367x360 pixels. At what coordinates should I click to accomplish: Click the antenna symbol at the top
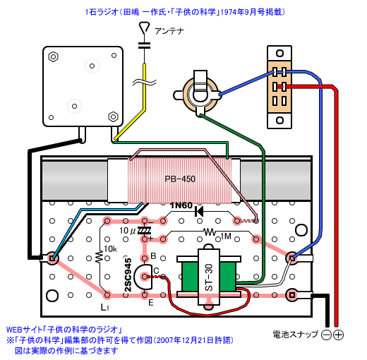(144, 28)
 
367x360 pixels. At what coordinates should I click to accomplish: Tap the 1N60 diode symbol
(199, 212)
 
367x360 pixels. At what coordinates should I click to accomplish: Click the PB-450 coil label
(180, 179)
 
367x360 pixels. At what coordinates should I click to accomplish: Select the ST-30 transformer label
(209, 277)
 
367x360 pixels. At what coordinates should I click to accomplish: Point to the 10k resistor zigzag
(100, 257)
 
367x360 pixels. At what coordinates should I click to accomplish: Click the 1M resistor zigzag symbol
(210, 232)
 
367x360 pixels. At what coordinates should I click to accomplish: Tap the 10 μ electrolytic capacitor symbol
(144, 230)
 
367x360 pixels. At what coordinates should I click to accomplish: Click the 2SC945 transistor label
(128, 275)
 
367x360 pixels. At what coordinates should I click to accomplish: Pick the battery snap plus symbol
(339, 335)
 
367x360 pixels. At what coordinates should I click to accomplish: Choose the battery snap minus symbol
(326, 335)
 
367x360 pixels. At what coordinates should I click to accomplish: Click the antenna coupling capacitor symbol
(144, 45)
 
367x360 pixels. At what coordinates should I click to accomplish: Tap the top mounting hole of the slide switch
(279, 53)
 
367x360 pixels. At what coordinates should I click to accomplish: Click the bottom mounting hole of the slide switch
(279, 120)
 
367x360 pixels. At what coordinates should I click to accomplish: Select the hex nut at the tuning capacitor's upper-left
(54, 56)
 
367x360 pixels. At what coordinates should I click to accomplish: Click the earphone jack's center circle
(200, 95)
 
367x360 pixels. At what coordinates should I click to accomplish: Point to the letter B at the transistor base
(153, 256)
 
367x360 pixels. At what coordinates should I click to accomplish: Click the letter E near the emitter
(151, 302)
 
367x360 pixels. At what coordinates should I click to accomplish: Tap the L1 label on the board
(104, 307)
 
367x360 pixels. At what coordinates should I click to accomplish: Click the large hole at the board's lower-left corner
(52, 296)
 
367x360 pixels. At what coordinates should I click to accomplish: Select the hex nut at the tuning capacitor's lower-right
(113, 116)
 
